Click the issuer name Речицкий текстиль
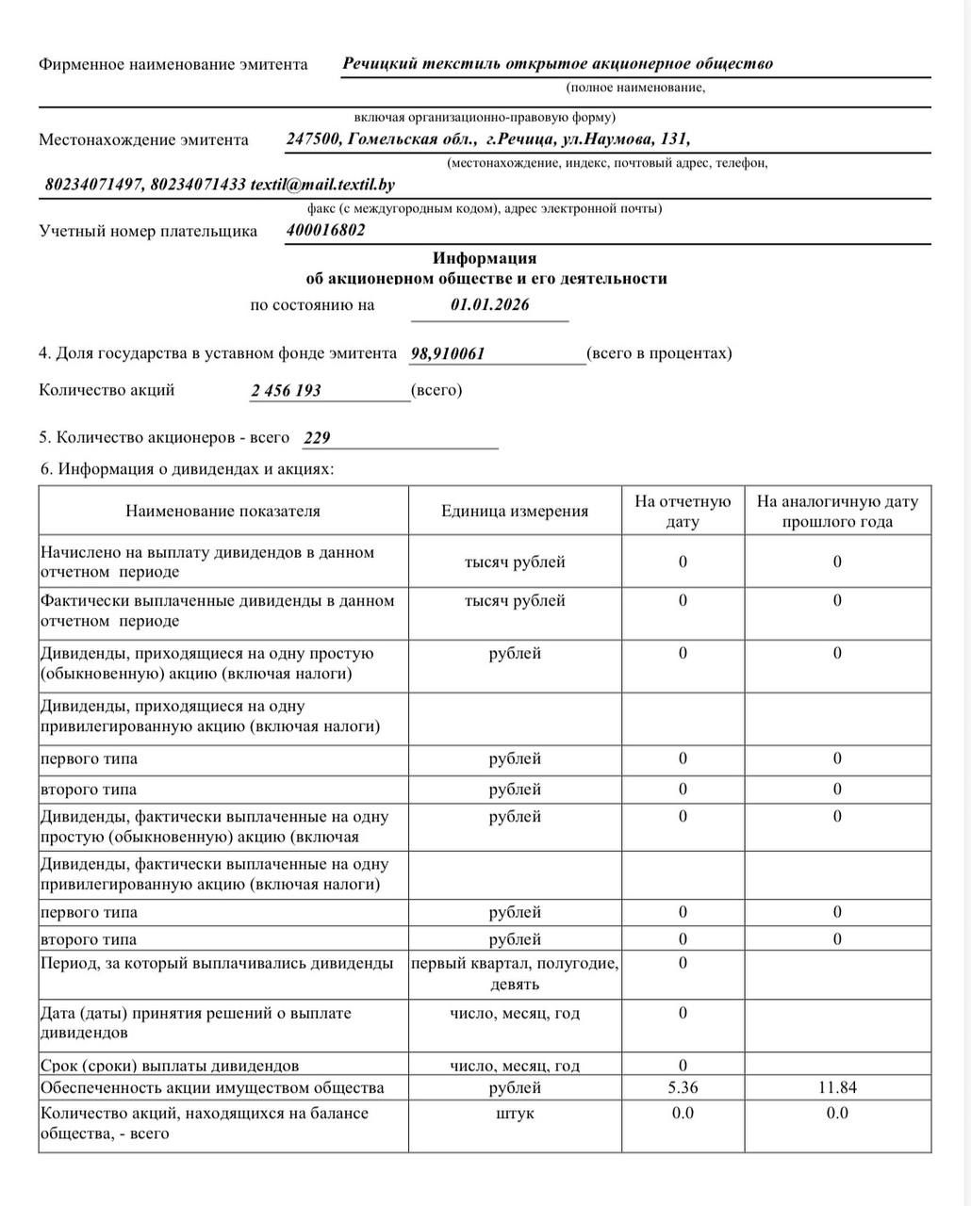click(x=421, y=64)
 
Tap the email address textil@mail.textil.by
click(x=322, y=185)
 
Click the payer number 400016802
click(x=326, y=230)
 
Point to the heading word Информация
click(x=485, y=258)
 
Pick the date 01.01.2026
click(x=490, y=304)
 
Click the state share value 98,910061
click(x=449, y=353)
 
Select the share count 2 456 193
click(x=286, y=390)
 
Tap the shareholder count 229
click(x=318, y=438)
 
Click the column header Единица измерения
click(x=515, y=511)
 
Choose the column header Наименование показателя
click(x=222, y=511)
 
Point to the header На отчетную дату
click(x=683, y=511)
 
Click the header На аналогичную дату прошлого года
click(x=837, y=511)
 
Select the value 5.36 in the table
click(x=683, y=1087)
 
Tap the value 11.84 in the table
click(x=837, y=1087)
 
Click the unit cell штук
click(x=515, y=1113)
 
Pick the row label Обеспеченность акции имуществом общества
click(x=212, y=1087)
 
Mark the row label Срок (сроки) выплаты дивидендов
click(x=170, y=1066)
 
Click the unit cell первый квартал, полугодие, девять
click(x=515, y=973)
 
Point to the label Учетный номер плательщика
click(x=148, y=231)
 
